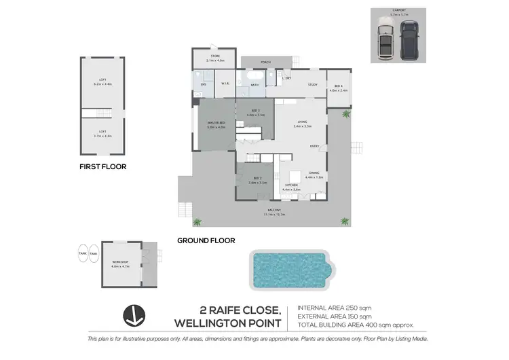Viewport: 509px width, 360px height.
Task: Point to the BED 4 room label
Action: coord(339,86)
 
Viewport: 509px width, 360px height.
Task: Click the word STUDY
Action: coord(312,84)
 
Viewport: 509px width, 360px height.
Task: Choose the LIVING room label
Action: coord(302,122)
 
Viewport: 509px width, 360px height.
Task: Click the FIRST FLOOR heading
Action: coord(102,166)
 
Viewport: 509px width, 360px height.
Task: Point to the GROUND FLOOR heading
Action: coord(206,240)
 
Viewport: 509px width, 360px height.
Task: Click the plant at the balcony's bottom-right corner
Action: coord(345,221)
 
